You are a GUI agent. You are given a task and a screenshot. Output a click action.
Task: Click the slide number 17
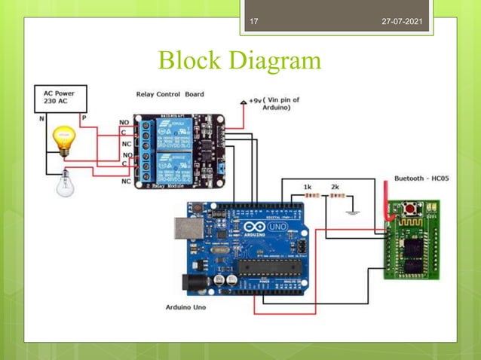click(253, 21)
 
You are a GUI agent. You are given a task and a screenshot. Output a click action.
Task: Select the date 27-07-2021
click(403, 21)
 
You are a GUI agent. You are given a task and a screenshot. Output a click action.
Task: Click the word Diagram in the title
click(276, 60)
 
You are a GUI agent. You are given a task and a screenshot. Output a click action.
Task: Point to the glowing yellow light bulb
click(64, 141)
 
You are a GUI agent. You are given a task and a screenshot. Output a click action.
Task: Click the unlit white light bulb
click(66, 182)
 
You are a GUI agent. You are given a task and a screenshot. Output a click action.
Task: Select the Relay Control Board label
click(170, 94)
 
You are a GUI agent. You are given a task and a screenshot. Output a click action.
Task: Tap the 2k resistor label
click(334, 186)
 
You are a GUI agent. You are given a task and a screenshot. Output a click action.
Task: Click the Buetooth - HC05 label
click(423, 178)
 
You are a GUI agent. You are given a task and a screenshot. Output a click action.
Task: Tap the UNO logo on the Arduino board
click(275, 227)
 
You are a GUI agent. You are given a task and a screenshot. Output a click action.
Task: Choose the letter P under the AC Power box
click(84, 118)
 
